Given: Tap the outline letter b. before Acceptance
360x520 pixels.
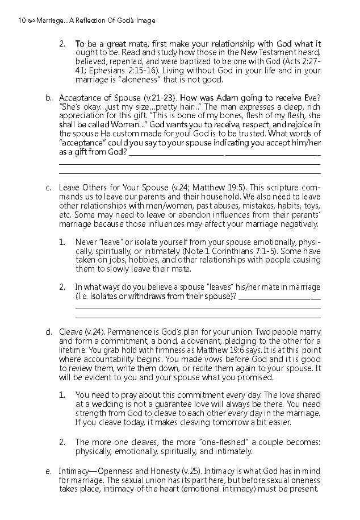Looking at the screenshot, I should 49,97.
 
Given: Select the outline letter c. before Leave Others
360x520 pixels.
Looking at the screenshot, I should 49,187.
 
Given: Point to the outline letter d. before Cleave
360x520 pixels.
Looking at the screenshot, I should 49,330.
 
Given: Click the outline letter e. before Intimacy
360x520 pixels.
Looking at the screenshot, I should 49,471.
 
